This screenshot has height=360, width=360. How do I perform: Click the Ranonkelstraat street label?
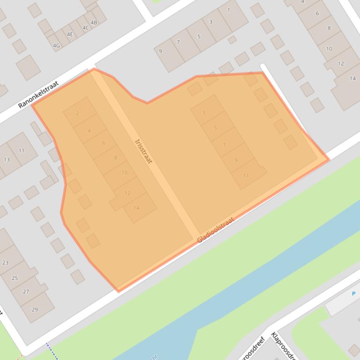pos(38,94)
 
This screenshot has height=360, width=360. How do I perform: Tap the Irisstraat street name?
pos(143,151)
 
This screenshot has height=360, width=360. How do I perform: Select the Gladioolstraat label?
pos(215,230)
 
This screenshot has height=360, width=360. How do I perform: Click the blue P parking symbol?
pos(353,294)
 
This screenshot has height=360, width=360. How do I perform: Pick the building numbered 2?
pos(78,113)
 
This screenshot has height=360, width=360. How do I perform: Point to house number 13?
pos(7,159)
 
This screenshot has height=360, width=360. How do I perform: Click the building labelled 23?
pos(6,263)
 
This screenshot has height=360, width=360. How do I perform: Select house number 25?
pos(15,278)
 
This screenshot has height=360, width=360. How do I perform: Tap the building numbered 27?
pos(26,291)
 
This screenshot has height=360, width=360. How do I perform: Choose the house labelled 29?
pos(35,310)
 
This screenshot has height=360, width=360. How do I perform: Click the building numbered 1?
pos(229,10)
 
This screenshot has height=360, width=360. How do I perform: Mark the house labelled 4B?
pos(94,22)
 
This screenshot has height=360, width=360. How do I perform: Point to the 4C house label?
pos(86,28)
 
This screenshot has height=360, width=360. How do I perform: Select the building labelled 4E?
pos(70,34)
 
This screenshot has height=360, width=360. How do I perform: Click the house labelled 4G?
pos(57,45)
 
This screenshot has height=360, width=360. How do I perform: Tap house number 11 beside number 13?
pos(22,151)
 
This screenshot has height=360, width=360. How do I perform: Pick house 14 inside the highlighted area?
pos(137,208)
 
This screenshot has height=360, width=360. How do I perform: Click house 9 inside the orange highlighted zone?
pos(236,160)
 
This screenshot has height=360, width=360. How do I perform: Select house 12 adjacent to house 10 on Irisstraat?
pos(127,193)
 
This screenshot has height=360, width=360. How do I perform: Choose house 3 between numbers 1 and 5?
pos(211,22)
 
